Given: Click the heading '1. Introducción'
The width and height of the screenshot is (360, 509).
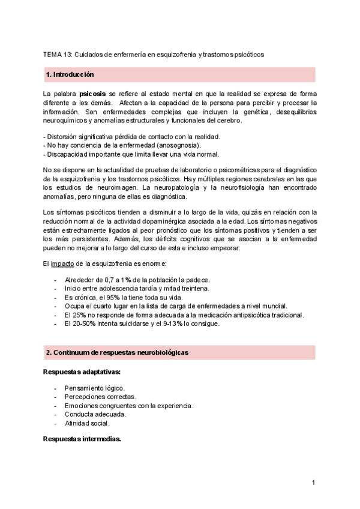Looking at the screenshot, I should click(x=70, y=74).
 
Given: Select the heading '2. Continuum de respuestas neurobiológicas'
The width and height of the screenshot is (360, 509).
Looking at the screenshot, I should click(x=117, y=352).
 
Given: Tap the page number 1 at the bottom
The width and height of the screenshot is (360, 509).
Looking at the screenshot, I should click(x=313, y=483).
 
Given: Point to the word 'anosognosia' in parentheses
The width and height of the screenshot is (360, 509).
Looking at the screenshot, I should click(x=178, y=145).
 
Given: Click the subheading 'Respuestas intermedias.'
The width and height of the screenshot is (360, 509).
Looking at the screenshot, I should click(x=82, y=439).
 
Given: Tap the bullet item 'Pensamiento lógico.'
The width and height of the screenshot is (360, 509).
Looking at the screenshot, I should click(x=95, y=388).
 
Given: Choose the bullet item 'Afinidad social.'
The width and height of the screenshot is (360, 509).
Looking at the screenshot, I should click(x=88, y=423).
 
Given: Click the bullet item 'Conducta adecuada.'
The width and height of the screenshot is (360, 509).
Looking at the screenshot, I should click(x=95, y=414).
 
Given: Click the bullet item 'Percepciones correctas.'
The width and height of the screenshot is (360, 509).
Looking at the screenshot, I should click(x=100, y=397).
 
